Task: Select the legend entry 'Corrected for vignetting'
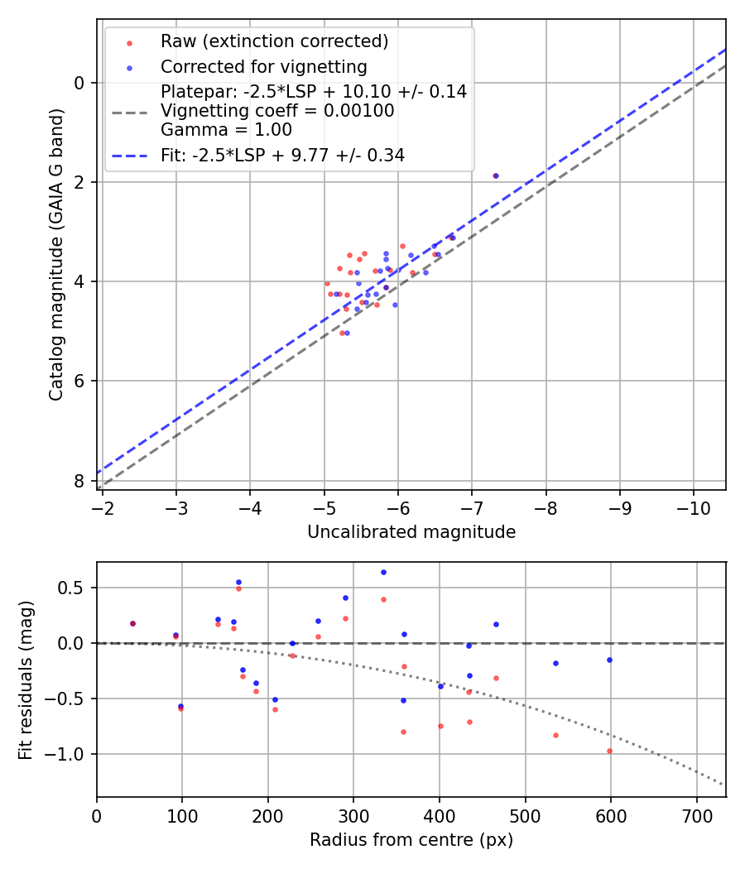[x=263, y=66]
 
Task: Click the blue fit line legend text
[x=282, y=155]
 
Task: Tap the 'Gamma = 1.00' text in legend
[x=226, y=129]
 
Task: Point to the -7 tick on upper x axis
[x=472, y=507]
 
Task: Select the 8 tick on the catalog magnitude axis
[x=80, y=481]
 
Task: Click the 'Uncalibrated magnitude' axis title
[x=411, y=532]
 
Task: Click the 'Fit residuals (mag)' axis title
[x=25, y=679]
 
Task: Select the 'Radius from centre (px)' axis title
[x=411, y=840]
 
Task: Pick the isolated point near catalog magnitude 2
[x=496, y=176]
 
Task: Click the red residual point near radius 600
[x=609, y=751]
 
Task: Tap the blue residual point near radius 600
[x=609, y=660]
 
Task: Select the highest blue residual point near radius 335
[x=383, y=572]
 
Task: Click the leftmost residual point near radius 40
[x=132, y=623]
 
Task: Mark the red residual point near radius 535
[x=555, y=735]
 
